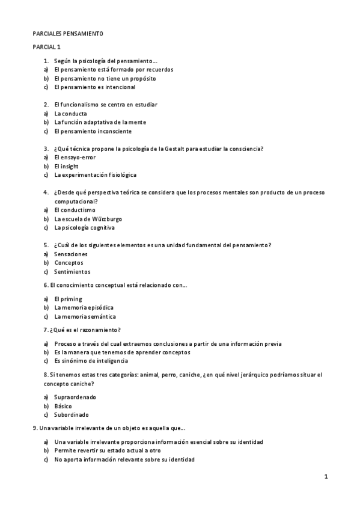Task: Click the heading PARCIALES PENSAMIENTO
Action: click(x=67, y=34)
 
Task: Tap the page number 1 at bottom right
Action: click(x=326, y=477)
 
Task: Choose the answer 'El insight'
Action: click(x=66, y=166)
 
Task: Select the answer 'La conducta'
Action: click(x=70, y=113)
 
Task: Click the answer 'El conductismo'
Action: click(x=75, y=210)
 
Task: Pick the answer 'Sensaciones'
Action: click(x=71, y=254)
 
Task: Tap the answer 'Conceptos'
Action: click(x=69, y=263)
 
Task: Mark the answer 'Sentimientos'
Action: click(x=73, y=272)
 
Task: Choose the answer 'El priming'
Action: click(x=68, y=299)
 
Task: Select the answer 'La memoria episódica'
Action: click(x=84, y=307)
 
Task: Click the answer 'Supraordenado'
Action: click(x=75, y=397)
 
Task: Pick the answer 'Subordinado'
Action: click(x=72, y=414)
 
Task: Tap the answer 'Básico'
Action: click(x=63, y=406)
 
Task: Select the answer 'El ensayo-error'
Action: click(x=75, y=158)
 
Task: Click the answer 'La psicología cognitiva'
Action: click(x=84, y=228)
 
